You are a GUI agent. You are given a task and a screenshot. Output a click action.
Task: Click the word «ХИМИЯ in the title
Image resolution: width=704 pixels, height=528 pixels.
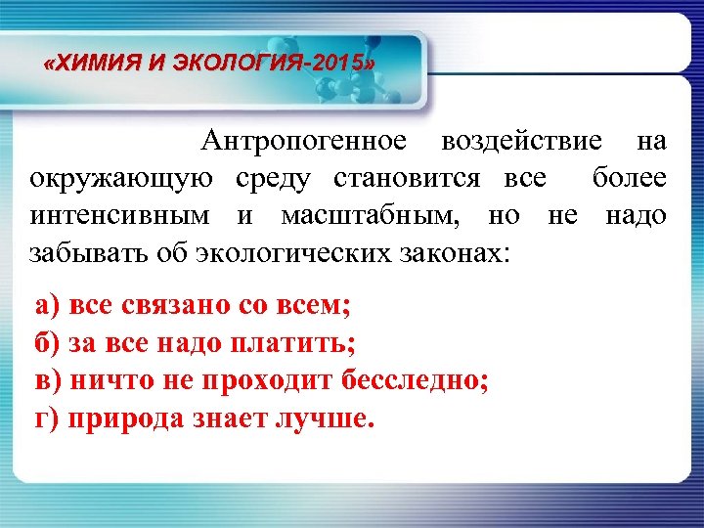point(88,66)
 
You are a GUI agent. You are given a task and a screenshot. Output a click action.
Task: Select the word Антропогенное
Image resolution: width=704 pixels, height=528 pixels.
point(304,142)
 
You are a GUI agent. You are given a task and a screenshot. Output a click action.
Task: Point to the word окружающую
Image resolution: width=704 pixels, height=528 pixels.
point(121,179)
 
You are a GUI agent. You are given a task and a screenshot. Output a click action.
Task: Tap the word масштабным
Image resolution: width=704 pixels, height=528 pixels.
point(371,215)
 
